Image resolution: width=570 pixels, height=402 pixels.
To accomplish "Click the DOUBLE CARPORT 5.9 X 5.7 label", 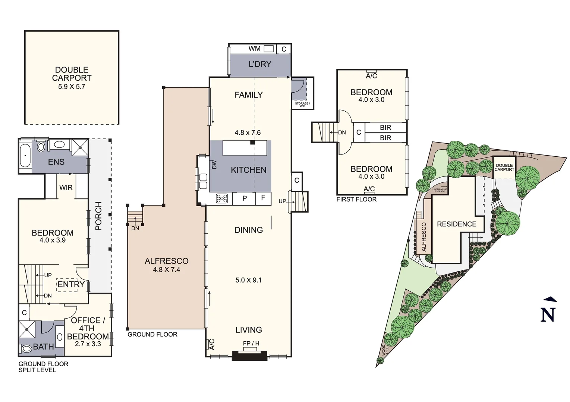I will (72, 78).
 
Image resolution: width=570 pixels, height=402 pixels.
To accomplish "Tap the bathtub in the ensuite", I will (25, 156).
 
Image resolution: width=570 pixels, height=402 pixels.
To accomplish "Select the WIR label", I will (66, 188).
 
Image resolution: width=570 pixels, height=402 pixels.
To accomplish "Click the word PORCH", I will (99, 216).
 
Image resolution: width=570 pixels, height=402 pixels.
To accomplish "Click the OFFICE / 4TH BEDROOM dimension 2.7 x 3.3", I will (88, 344).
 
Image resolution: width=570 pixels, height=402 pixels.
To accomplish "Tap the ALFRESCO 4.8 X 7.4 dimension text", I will (166, 269).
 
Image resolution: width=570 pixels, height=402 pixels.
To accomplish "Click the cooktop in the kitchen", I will (222, 198).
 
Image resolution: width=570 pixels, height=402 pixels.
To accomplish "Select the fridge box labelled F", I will (263, 198).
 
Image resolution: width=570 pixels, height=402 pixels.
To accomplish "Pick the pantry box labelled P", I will (245, 198).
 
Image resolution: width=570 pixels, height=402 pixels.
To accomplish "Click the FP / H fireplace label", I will (251, 343).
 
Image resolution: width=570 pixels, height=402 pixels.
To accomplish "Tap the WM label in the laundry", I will (255, 48).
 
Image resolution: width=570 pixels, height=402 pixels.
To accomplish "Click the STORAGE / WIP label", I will (302, 105).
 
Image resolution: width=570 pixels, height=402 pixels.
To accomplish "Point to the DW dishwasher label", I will (214, 165).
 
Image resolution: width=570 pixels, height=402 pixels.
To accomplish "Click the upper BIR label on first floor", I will (385, 128).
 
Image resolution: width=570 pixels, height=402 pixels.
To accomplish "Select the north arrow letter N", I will (548, 315).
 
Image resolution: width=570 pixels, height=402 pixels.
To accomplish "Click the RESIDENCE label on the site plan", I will (457, 224).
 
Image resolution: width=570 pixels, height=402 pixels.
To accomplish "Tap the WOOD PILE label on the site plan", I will (385, 350).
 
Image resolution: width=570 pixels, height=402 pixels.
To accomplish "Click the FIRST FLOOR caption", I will (356, 200).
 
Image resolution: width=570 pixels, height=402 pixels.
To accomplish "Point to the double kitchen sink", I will (203, 181).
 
